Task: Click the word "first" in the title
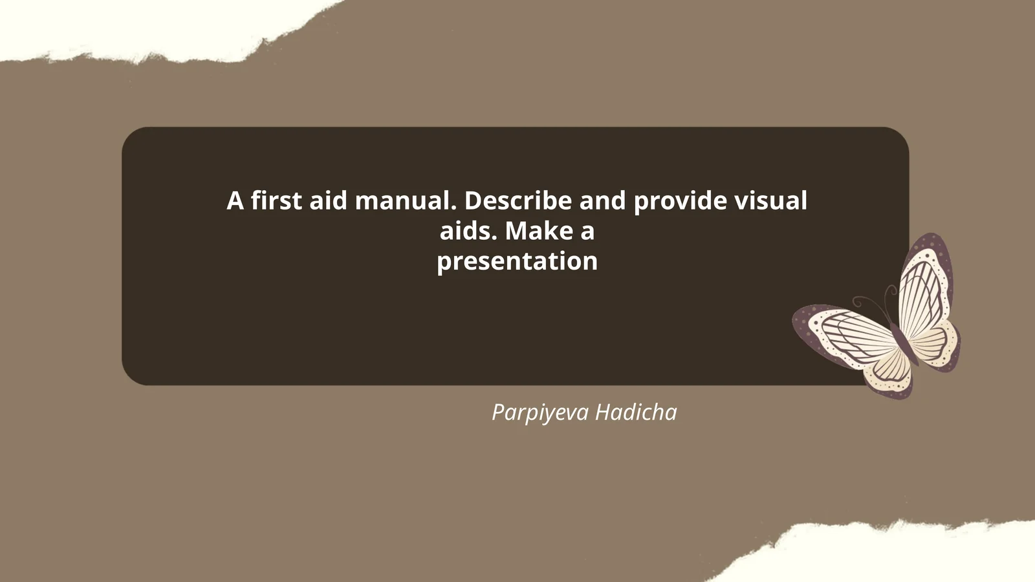coord(276,201)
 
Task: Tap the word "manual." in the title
coord(406,201)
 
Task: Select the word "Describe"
coord(517,201)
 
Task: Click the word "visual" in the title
coord(770,201)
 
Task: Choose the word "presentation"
coord(517,261)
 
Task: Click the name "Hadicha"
coord(636,413)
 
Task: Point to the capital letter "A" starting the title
coord(235,201)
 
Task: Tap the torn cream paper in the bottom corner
coord(906,556)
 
